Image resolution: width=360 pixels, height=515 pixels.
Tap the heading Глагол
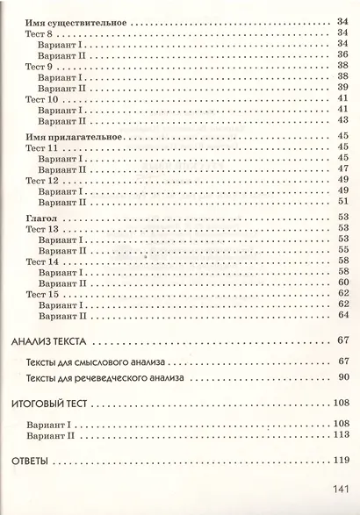(38, 216)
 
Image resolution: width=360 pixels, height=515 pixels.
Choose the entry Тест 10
(43, 99)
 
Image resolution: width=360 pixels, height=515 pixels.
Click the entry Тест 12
(43, 180)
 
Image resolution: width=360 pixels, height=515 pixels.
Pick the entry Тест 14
(43, 261)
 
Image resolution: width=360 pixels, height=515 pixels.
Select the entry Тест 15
(43, 293)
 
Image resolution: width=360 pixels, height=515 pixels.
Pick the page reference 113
(341, 434)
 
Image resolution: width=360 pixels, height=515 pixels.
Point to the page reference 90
(343, 378)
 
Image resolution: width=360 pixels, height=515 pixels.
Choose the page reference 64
(343, 315)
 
